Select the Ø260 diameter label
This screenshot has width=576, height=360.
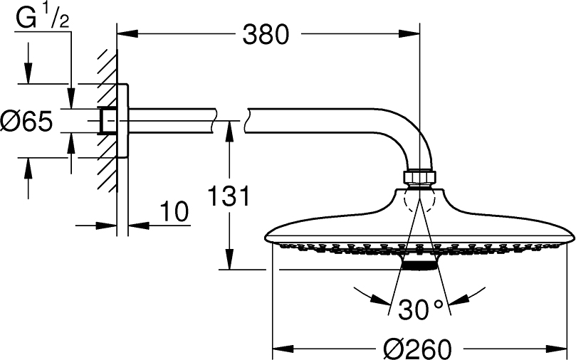coord(417,349)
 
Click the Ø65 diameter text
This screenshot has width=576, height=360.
coord(26,122)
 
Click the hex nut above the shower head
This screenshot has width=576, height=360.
coord(420,176)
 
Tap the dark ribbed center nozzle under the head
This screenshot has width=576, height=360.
coord(419,264)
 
